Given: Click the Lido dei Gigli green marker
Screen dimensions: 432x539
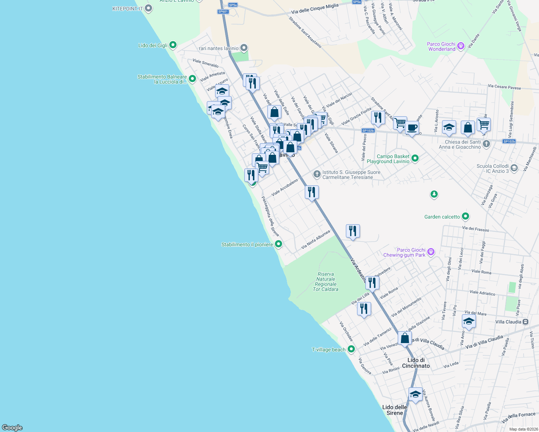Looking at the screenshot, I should [x=173, y=45].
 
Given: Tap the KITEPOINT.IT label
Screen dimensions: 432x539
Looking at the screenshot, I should [x=128, y=9].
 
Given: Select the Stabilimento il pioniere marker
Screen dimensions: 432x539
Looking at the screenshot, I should [x=278, y=244].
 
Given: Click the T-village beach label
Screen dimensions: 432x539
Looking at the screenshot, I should [x=328, y=350].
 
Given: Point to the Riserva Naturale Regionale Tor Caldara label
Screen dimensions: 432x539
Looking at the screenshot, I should [x=326, y=282].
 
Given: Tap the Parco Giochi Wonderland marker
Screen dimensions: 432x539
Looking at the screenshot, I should [x=460, y=46].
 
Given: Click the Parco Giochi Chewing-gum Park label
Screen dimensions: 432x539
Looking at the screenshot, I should [x=404, y=252].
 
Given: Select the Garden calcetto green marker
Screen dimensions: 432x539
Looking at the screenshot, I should [x=465, y=216].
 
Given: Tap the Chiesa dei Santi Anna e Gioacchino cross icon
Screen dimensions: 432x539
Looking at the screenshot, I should [x=486, y=144].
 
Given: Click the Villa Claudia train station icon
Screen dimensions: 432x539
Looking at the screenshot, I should [x=526, y=322].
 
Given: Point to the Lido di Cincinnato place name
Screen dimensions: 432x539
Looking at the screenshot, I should [x=416, y=363].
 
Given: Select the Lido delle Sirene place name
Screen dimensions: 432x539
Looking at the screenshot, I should [x=395, y=410].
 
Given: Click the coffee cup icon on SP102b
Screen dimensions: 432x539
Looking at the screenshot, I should [x=412, y=127].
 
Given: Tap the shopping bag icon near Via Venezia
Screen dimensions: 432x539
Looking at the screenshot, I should [x=405, y=338].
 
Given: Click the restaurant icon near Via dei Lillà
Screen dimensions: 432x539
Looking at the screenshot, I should [x=364, y=309].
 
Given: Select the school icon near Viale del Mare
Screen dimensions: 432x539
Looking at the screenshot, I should [x=468, y=321].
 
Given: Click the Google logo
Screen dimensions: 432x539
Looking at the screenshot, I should [x=12, y=427].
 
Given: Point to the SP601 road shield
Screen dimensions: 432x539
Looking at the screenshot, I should [x=223, y=12].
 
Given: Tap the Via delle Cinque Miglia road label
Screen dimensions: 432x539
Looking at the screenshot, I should [x=315, y=9].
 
